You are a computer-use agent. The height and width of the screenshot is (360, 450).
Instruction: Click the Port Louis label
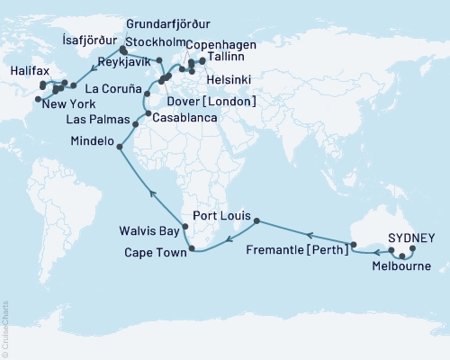click(221, 215)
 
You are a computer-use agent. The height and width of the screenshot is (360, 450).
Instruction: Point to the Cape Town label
click(156, 254)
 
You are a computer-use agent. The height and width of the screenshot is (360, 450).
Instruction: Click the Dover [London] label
click(212, 101)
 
